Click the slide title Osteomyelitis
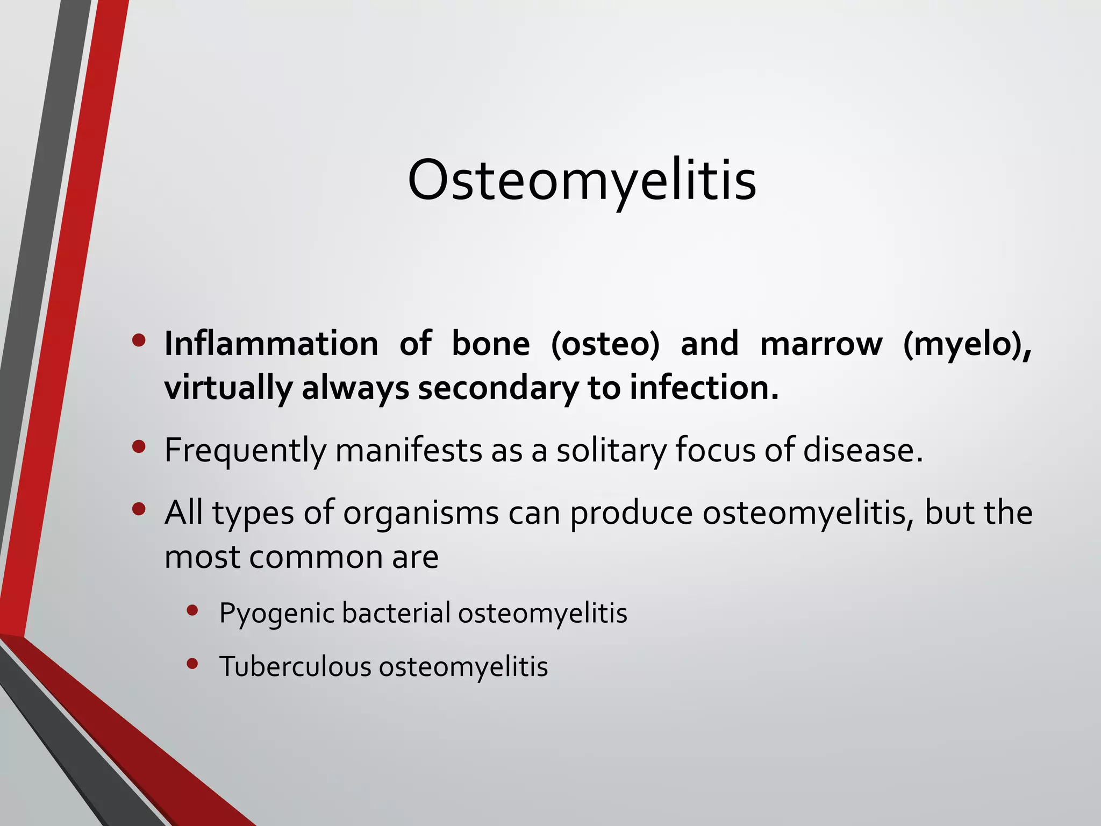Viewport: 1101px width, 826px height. coord(582,180)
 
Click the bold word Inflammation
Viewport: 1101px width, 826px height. coord(271,344)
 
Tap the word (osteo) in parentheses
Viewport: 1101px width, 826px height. coord(605,344)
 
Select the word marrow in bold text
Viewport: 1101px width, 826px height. coord(821,344)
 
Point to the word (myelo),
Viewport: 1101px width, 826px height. coord(967,344)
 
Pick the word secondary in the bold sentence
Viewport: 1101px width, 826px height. coord(498,388)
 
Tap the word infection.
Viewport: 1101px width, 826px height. coord(704,388)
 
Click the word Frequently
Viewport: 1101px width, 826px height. coord(245,451)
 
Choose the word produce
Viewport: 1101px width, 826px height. coord(631,513)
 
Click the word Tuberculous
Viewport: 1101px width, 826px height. coord(295,667)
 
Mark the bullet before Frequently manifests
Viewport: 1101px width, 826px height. coord(139,447)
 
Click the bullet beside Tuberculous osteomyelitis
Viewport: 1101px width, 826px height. coord(192,664)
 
